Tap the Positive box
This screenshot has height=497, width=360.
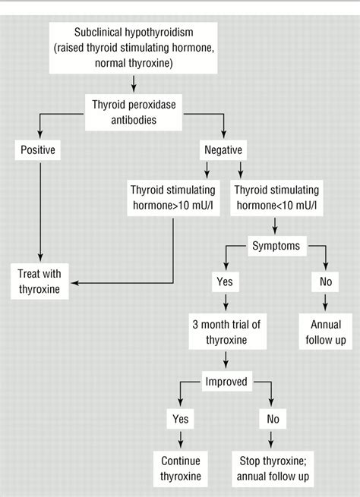point(38,150)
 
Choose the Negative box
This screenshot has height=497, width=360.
point(223,150)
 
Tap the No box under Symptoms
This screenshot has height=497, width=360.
point(326,282)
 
